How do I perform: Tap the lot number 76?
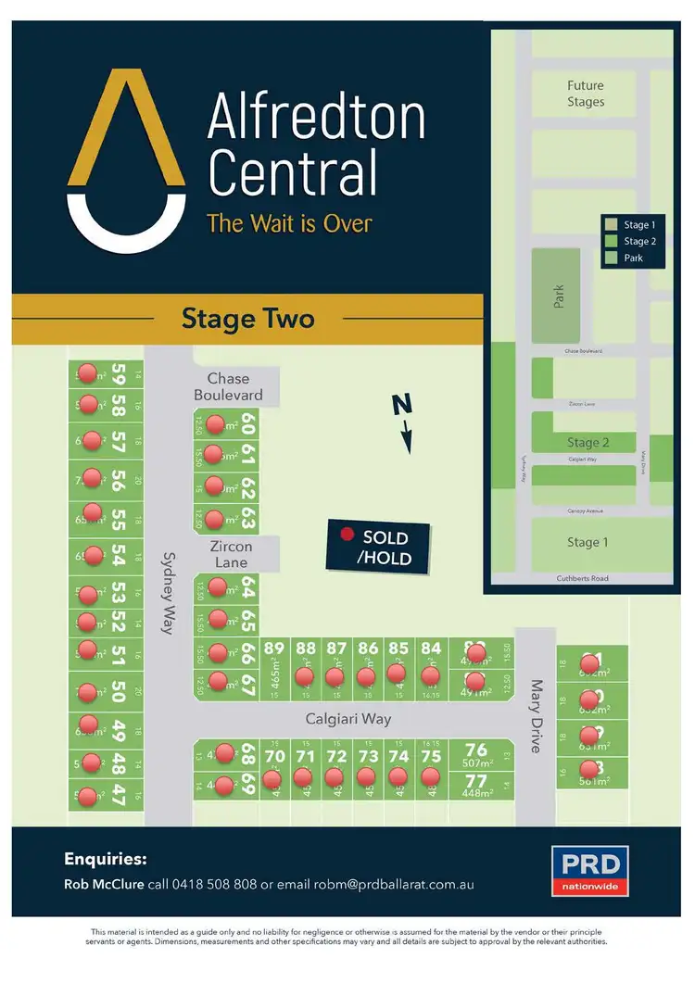[476, 750]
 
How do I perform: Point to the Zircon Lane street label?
[230, 554]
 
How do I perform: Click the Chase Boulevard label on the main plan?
[228, 386]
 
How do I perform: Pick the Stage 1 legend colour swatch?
[611, 224]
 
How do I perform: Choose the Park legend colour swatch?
[611, 258]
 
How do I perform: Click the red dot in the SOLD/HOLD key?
[347, 536]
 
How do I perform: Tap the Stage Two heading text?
[247, 320]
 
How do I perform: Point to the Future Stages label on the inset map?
[586, 94]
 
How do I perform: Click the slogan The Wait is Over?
[289, 223]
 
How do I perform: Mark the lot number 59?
[118, 373]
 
